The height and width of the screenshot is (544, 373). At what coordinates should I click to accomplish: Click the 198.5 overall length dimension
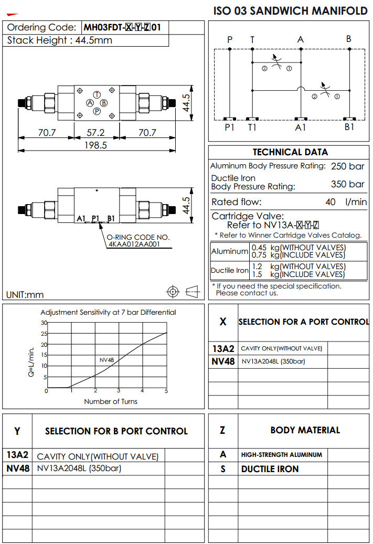tap(95, 145)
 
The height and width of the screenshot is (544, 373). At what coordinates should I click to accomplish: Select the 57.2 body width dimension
tap(95, 133)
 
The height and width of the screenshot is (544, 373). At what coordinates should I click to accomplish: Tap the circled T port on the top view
tap(97, 94)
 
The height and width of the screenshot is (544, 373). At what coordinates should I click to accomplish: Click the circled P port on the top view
tap(97, 111)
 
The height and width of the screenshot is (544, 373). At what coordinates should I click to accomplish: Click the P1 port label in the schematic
tap(229, 127)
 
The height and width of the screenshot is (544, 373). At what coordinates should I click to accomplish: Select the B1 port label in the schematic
tap(349, 127)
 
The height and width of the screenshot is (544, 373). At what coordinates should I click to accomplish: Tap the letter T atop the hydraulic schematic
tap(252, 39)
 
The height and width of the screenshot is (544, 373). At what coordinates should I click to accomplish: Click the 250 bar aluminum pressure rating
tap(347, 166)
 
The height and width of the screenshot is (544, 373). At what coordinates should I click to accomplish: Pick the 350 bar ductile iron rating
tap(347, 184)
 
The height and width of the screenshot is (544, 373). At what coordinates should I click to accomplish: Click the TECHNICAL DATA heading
tap(290, 152)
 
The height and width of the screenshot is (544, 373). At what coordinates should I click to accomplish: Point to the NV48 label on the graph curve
tap(106, 360)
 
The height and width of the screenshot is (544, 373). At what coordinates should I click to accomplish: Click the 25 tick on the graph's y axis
tap(44, 334)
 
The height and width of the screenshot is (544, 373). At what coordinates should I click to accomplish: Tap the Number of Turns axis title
tap(111, 401)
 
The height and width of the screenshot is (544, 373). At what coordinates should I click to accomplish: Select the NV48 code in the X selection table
tap(223, 361)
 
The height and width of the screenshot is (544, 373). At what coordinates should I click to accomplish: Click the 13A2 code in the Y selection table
tap(17, 455)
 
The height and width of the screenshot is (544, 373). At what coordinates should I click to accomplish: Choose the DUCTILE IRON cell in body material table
tap(270, 469)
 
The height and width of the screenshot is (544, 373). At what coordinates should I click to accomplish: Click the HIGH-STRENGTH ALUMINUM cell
tap(281, 455)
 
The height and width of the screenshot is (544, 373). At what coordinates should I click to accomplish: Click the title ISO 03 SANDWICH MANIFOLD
tap(291, 11)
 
